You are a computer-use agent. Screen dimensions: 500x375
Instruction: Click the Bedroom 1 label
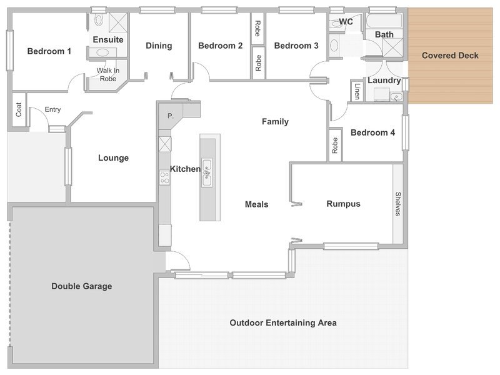49,51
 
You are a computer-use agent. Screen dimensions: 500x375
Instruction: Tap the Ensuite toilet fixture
99,20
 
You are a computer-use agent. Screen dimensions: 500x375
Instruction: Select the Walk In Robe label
107,74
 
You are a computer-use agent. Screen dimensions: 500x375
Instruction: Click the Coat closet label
19,109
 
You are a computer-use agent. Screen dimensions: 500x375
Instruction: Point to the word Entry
52,109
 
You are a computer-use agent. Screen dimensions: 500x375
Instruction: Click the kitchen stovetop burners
164,177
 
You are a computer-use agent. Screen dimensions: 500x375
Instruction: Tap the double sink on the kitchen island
207,172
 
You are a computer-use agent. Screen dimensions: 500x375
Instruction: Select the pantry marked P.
171,116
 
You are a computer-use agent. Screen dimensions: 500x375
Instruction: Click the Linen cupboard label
357,91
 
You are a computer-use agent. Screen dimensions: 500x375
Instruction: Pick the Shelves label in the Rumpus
397,204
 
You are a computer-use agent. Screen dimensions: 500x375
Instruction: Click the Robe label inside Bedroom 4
335,146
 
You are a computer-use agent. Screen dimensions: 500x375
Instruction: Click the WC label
346,22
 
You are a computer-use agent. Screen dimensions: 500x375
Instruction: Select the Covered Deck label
450,56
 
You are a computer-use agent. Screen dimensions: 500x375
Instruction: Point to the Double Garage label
82,286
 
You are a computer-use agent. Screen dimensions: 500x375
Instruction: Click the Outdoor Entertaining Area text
283,322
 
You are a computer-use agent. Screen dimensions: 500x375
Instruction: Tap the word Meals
256,204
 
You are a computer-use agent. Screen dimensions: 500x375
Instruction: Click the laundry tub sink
396,96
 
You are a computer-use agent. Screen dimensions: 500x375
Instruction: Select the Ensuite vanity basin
102,52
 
